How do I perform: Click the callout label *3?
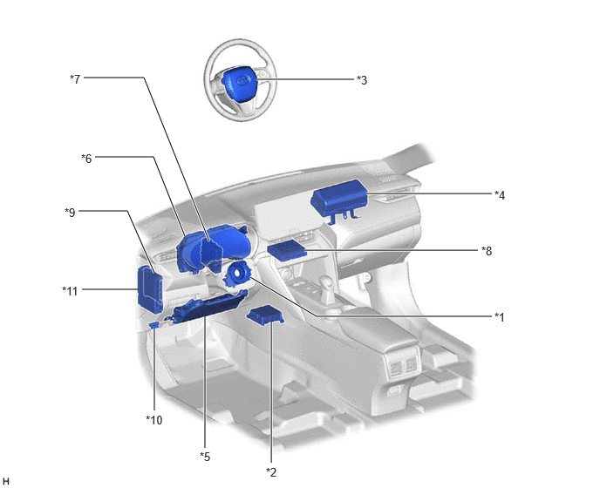[362, 80]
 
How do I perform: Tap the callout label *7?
[75, 79]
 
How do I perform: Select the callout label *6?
[86, 159]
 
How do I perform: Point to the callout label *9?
[70, 213]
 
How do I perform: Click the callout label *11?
[70, 291]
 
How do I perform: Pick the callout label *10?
[154, 420]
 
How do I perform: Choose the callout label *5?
[205, 457]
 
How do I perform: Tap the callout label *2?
[271, 472]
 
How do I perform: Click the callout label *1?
[500, 317]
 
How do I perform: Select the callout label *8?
[487, 251]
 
